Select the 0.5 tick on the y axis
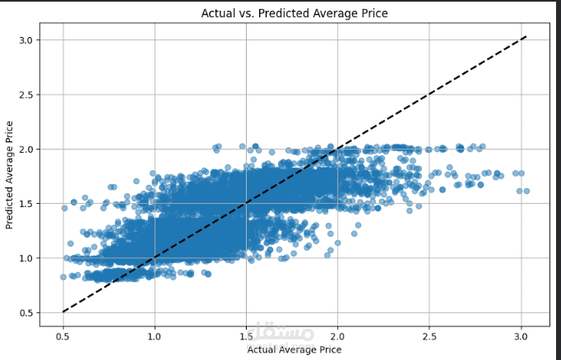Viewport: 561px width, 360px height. (26, 312)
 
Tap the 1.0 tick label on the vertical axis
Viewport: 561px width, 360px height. (26, 258)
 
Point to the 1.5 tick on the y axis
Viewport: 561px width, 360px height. (26, 204)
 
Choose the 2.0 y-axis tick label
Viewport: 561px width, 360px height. (26, 149)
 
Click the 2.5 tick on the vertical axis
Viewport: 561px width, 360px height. (26, 95)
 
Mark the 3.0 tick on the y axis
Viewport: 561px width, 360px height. (26, 40)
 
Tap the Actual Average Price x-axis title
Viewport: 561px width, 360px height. (294, 350)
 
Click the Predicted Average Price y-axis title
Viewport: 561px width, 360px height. (10, 174)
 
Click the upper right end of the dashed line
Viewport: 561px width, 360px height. (526, 36)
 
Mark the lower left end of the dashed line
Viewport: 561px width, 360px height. (63, 312)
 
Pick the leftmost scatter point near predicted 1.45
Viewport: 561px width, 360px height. (64, 208)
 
